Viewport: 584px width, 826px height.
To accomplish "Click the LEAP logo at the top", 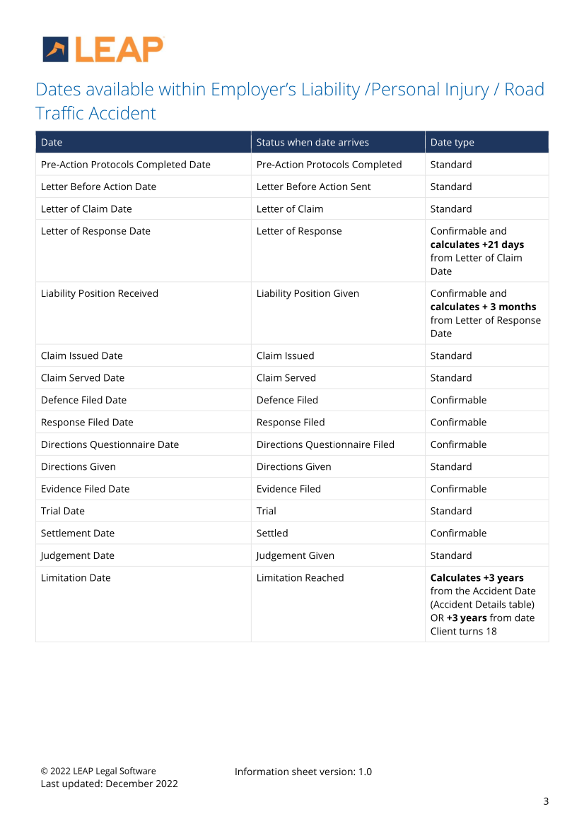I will (103, 49).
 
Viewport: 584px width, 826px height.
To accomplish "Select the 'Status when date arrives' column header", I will (313, 142).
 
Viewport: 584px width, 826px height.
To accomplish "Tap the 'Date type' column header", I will (452, 142).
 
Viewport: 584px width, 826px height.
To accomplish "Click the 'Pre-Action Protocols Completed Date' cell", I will (126, 165).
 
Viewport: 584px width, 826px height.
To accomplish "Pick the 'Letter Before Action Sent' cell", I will (313, 187).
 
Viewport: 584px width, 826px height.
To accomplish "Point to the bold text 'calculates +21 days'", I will (477, 244).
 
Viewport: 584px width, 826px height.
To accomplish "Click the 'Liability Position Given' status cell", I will (308, 293).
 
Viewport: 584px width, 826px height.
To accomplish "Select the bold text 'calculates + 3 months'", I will (483, 307).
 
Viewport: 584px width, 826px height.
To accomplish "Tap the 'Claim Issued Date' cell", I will (82, 355).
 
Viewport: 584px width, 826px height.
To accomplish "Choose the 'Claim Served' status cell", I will (286, 378).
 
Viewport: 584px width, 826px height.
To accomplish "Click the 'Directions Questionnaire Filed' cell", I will (325, 444).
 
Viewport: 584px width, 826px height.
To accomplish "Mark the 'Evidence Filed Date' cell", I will (85, 489).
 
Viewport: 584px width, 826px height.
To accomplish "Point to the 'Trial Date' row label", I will (62, 511).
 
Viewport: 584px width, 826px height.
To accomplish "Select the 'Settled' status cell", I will (272, 533).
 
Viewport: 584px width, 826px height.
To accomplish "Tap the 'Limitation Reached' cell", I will (300, 578).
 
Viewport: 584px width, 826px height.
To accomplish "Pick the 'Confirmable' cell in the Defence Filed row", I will (458, 400).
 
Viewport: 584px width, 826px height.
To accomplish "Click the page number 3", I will (545, 801).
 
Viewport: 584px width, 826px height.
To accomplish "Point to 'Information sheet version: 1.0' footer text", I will (303, 772).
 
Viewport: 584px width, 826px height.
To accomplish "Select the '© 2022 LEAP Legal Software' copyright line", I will (98, 771).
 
